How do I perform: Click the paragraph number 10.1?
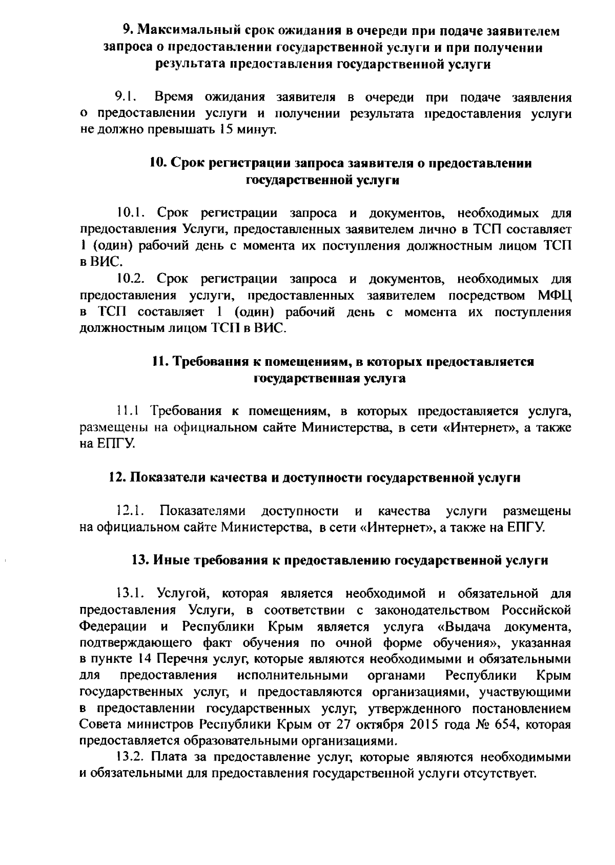tap(132, 213)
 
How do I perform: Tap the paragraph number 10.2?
tap(132, 279)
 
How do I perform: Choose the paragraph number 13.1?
tap(132, 594)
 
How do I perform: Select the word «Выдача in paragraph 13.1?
tap(466, 626)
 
